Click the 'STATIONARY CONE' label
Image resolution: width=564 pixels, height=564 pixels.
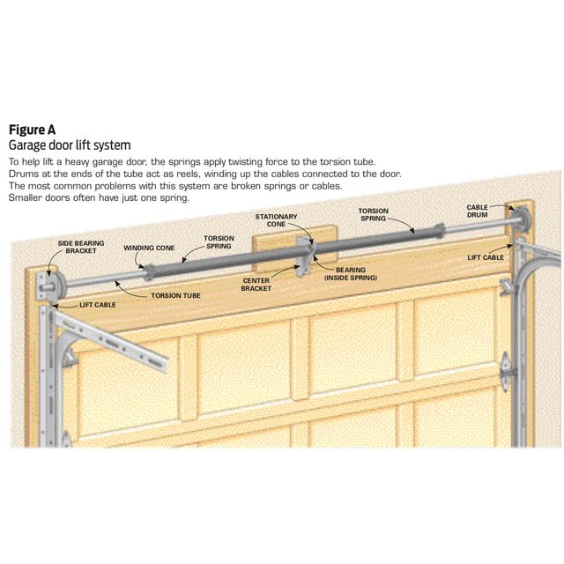tap(276, 219)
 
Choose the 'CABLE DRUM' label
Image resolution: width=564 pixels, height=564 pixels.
tap(478, 211)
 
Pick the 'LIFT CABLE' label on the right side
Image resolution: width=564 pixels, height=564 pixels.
tap(486, 256)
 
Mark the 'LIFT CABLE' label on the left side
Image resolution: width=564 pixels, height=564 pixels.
tap(98, 304)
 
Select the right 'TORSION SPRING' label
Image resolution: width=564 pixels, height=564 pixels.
tap(373, 214)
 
